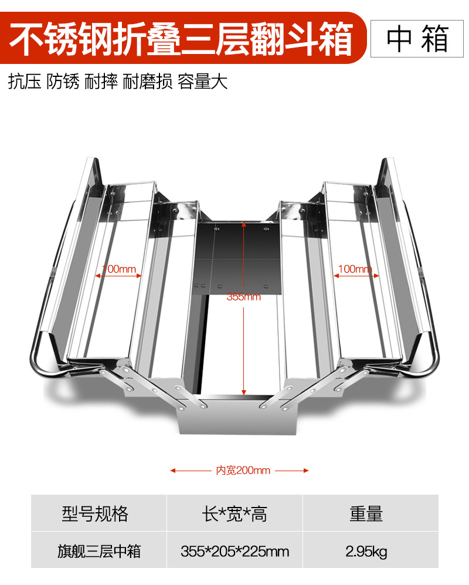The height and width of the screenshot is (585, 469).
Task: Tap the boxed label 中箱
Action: [417, 39]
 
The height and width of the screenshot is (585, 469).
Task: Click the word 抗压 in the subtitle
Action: [25, 81]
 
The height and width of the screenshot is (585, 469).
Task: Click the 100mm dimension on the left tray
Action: [119, 269]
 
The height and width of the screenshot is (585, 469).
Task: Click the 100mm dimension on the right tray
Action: [355, 269]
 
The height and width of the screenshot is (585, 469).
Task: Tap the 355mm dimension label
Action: [243, 297]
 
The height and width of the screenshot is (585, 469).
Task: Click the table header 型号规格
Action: [95, 514]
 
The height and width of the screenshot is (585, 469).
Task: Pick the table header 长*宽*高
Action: [234, 514]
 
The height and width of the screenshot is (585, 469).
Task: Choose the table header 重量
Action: [366, 514]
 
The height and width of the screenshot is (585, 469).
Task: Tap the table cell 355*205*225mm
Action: [235, 551]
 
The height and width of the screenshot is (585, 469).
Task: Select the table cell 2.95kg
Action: [366, 551]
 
